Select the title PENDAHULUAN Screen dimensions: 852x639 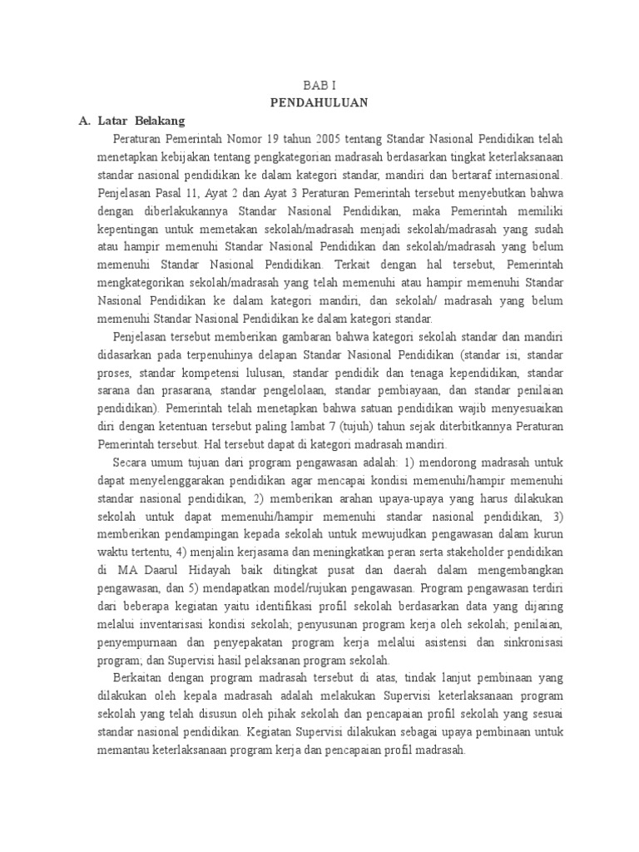pos(319,103)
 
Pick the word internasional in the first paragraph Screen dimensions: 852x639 pos(525,175)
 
